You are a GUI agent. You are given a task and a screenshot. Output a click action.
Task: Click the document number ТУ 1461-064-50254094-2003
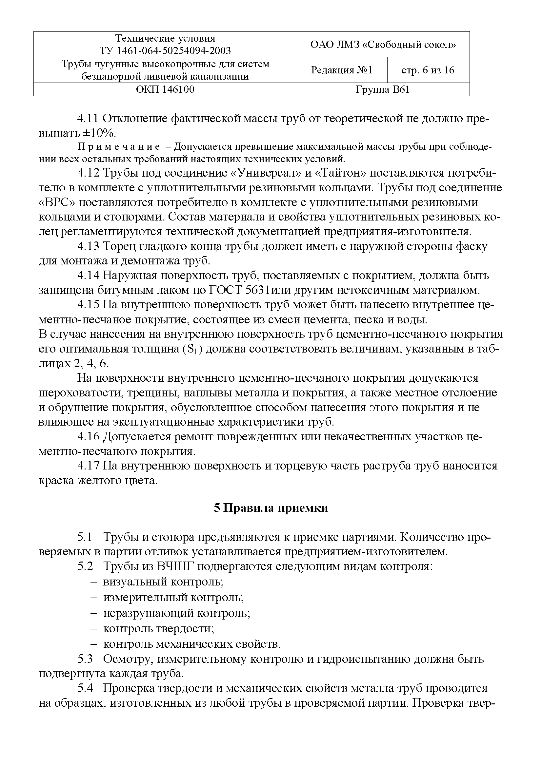pyautogui.click(x=165, y=51)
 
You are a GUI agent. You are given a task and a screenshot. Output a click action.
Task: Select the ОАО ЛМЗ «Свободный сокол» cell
pyautogui.click(x=383, y=44)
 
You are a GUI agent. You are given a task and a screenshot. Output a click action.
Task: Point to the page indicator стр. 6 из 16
pyautogui.click(x=428, y=70)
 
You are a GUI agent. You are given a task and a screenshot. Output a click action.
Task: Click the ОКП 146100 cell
pyautogui.click(x=165, y=89)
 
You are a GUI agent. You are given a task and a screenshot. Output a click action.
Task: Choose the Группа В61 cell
pyautogui.click(x=383, y=89)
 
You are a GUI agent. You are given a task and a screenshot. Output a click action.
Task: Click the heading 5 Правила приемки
pyautogui.click(x=271, y=508)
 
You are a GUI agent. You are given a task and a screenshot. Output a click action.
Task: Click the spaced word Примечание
pyautogui.click(x=119, y=147)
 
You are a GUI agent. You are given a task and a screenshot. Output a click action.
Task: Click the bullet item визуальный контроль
pyautogui.click(x=163, y=582)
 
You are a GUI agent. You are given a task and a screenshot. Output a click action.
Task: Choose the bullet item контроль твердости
pyautogui.click(x=158, y=629)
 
